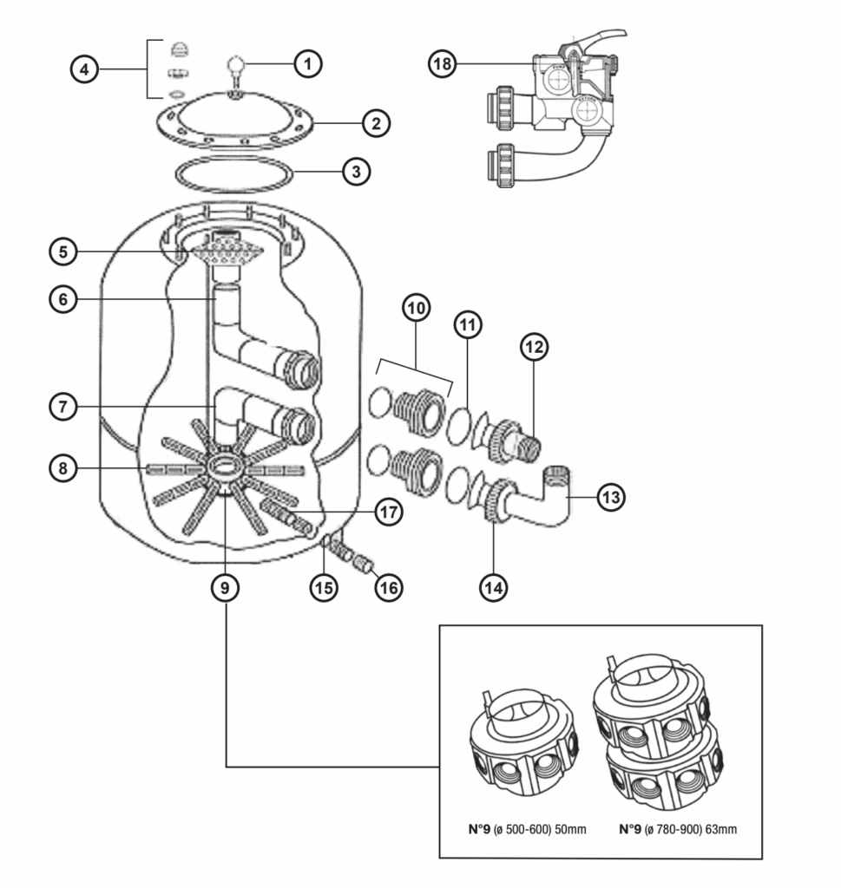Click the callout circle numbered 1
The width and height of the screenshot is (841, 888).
pos(308,62)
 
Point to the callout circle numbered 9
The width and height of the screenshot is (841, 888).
pos(225,587)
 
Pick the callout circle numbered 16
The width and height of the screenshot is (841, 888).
pos(388,587)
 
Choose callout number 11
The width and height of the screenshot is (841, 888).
pos(469,326)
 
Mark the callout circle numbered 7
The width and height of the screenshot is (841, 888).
pos(63,404)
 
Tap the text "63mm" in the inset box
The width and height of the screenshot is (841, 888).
pos(719,830)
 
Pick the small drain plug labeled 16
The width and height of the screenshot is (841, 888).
pos(365,567)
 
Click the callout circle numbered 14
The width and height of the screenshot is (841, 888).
pos(495,587)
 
